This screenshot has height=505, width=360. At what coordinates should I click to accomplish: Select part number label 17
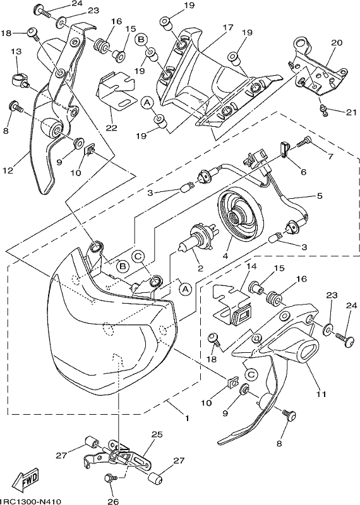227,28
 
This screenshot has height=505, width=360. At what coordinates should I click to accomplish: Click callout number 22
111,129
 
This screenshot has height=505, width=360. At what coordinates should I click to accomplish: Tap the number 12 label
8,170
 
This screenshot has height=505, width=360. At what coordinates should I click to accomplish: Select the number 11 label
321,393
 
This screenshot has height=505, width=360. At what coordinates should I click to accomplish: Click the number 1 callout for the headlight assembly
186,419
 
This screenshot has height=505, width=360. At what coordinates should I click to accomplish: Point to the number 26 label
113,501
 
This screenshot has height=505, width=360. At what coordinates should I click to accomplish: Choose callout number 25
157,434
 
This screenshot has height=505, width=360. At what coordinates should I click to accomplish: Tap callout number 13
17,51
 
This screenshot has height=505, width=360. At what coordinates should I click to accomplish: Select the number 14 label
251,266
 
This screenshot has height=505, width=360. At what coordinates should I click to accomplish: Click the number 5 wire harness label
320,196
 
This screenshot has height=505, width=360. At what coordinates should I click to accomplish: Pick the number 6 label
303,172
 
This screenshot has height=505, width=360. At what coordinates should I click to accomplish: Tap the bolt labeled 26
109,479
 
